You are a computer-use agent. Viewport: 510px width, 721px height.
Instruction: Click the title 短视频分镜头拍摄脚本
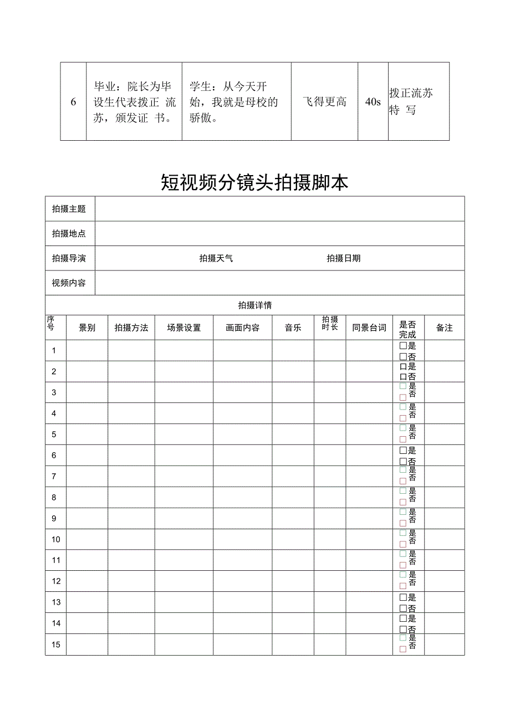pyautogui.click(x=254, y=182)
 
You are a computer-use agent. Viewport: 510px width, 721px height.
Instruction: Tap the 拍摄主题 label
pyautogui.click(x=69, y=209)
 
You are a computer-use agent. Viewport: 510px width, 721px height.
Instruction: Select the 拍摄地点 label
pyautogui.click(x=69, y=233)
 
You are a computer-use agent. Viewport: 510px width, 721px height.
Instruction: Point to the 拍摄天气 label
pyautogui.click(x=216, y=258)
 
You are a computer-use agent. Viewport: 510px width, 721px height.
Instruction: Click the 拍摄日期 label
pyautogui.click(x=343, y=258)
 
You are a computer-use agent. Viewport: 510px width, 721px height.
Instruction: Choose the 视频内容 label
pyautogui.click(x=69, y=283)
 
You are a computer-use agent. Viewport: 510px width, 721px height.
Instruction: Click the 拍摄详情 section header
pyautogui.click(x=254, y=305)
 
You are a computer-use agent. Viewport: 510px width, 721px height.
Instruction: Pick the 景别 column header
pyautogui.click(x=87, y=328)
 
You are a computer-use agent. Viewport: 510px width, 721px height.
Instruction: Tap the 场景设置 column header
pyautogui.click(x=183, y=328)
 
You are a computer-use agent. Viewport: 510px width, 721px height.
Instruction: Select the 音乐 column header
pyautogui.click(x=293, y=328)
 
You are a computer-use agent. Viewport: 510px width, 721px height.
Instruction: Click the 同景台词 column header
pyautogui.click(x=369, y=328)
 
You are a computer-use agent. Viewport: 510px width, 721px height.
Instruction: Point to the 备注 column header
pyautogui.click(x=444, y=328)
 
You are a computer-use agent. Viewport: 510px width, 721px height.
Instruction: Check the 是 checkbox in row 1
pyautogui.click(x=403, y=345)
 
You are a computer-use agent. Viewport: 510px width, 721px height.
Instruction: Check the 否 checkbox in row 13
pyautogui.click(x=403, y=608)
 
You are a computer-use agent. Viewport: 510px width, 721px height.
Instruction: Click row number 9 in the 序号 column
pyautogui.click(x=54, y=518)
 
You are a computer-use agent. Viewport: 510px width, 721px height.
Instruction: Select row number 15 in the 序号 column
pyautogui.click(x=56, y=645)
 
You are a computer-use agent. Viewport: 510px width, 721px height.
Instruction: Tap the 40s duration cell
pyautogui.click(x=373, y=101)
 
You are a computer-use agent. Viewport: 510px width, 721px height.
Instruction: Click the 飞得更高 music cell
pyautogui.click(x=324, y=101)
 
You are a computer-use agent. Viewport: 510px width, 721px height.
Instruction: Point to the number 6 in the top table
pyautogui.click(x=73, y=102)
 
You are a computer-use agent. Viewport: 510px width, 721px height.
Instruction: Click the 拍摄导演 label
pyautogui.click(x=69, y=258)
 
